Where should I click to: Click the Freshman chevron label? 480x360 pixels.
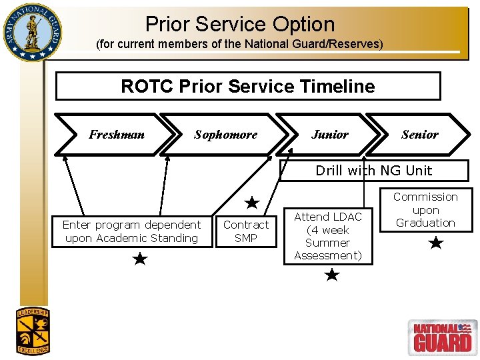click(x=117, y=135)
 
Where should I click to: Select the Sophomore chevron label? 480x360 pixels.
click(x=225, y=135)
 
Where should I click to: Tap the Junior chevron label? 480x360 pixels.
click(x=330, y=135)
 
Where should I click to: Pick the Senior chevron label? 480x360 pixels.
click(x=420, y=135)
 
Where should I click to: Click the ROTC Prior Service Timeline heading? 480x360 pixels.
click(x=248, y=86)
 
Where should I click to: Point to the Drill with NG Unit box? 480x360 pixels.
click(x=373, y=170)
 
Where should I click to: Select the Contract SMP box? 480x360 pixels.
click(x=246, y=231)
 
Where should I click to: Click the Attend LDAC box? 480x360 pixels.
click(x=328, y=236)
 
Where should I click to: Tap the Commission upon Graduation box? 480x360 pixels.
click(x=425, y=210)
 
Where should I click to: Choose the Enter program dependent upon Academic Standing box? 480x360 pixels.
click(x=131, y=231)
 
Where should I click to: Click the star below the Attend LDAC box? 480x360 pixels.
click(x=332, y=275)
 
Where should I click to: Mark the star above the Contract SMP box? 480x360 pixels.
click(x=252, y=202)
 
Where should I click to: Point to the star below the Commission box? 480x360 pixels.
click(x=436, y=243)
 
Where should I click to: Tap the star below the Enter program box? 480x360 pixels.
click(x=140, y=259)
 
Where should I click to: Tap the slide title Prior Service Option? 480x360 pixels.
click(x=240, y=24)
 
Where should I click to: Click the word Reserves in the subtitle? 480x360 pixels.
click(x=359, y=44)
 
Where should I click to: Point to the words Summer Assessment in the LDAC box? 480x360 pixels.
click(x=328, y=249)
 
